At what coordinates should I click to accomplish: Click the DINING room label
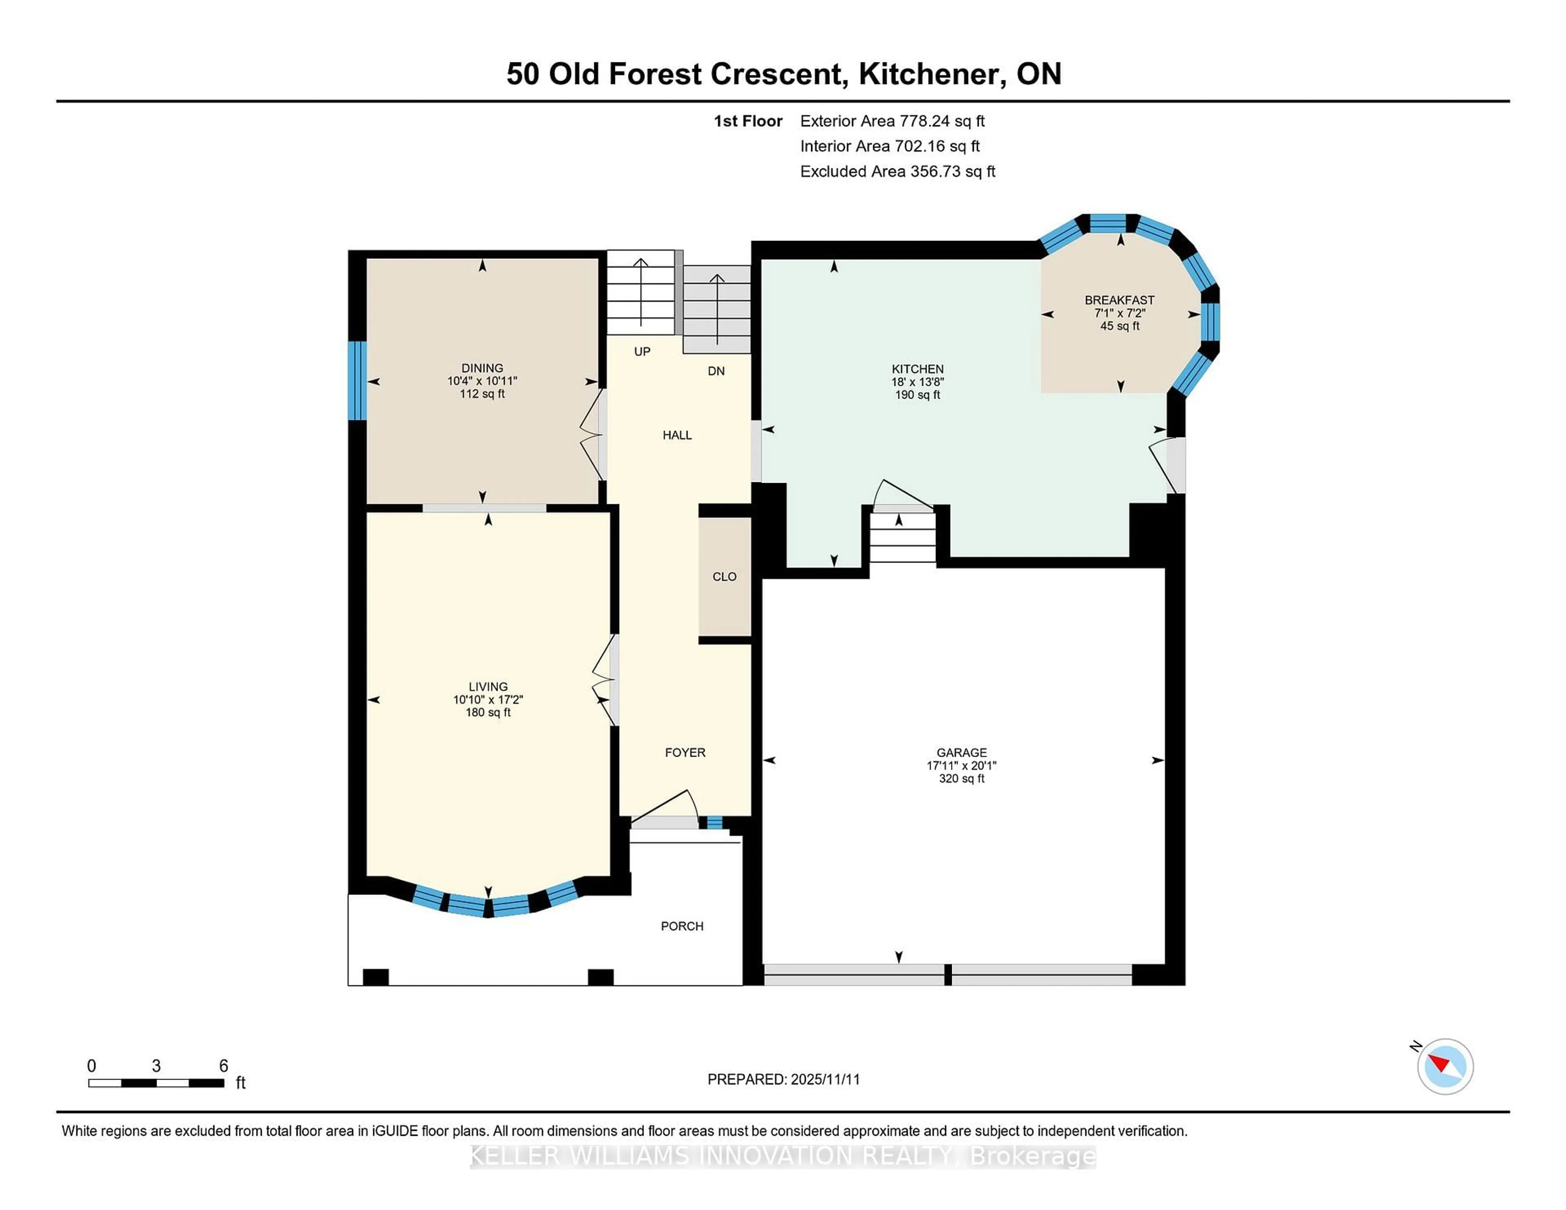click(x=482, y=368)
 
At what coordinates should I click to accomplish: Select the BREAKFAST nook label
click(x=1119, y=300)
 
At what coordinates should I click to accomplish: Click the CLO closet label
click(x=724, y=576)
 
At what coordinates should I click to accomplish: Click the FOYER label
click(x=685, y=752)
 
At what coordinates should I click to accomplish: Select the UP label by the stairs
click(x=642, y=351)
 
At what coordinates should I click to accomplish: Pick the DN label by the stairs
click(x=716, y=371)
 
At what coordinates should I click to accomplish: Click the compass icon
click(x=1445, y=1066)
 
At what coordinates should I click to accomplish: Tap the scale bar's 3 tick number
click(x=156, y=1066)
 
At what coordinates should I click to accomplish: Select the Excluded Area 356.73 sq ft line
click(x=897, y=171)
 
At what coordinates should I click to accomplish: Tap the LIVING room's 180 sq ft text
click(x=488, y=712)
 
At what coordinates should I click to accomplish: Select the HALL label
click(x=677, y=435)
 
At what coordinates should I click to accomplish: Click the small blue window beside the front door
click(x=714, y=822)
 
